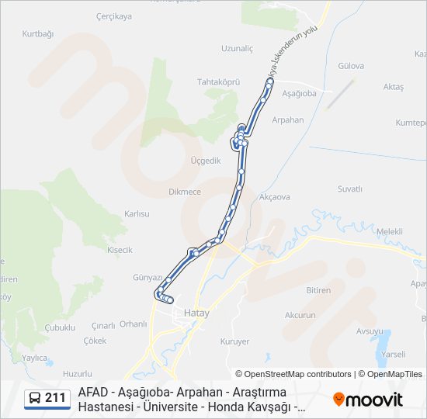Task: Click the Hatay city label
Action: tap(197, 313)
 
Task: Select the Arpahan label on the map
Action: tap(287, 120)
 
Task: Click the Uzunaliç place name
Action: tap(237, 48)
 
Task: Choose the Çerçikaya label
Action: tap(113, 16)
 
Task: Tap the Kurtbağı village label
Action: tap(38, 34)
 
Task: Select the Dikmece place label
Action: tap(185, 192)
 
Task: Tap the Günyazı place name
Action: tap(148, 277)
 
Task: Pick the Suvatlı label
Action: tap(350, 189)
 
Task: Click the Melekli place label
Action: tap(389, 231)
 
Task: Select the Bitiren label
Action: tap(318, 289)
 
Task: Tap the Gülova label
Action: tap(351, 66)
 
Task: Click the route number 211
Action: tap(55, 398)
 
